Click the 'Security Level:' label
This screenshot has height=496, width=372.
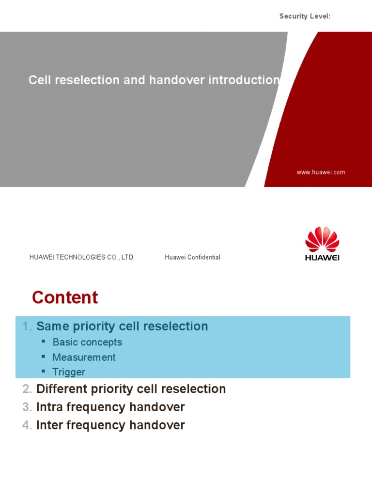point(305,16)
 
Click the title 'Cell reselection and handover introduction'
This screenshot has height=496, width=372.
point(154,80)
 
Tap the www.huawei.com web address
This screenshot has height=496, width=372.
point(321,172)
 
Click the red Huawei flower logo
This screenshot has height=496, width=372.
point(322,239)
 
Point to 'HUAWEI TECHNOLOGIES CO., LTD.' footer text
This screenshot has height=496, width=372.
point(82,257)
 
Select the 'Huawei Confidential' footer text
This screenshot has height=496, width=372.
point(192,257)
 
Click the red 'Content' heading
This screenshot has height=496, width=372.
point(65,297)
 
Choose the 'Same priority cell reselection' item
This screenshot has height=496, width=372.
point(122,326)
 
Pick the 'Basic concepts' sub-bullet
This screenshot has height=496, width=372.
point(87,342)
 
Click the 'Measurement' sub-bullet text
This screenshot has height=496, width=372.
point(84,357)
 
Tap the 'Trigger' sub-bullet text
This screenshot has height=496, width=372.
point(69,372)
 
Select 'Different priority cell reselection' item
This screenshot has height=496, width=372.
point(131,389)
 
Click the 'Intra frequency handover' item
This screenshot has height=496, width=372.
point(110,407)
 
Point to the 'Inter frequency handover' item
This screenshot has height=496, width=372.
point(110,425)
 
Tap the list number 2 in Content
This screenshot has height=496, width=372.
point(27,389)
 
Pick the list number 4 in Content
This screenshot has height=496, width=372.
point(27,426)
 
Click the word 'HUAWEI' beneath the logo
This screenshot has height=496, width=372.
point(322,258)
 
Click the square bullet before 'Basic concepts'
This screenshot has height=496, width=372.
point(43,341)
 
